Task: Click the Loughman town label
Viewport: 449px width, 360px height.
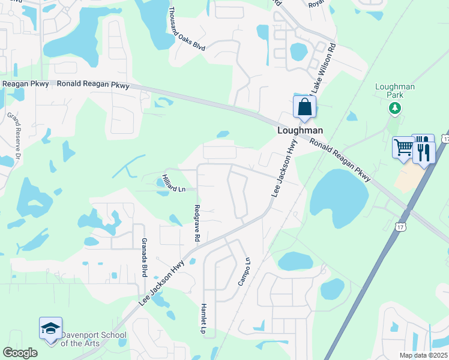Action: (x=300, y=130)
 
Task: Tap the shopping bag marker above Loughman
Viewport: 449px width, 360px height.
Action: (x=304, y=107)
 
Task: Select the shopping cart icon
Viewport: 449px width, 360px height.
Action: (x=403, y=148)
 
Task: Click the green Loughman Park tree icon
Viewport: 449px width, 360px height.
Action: (x=394, y=108)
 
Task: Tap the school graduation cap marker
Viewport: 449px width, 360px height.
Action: (x=50, y=328)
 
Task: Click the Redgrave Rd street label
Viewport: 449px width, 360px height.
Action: (x=197, y=223)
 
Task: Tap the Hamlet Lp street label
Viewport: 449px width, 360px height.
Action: (x=203, y=317)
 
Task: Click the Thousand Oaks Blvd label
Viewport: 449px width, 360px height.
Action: (x=187, y=28)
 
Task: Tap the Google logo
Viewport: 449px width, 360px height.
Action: (x=20, y=353)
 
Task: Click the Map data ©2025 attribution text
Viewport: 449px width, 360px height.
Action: (x=423, y=355)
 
